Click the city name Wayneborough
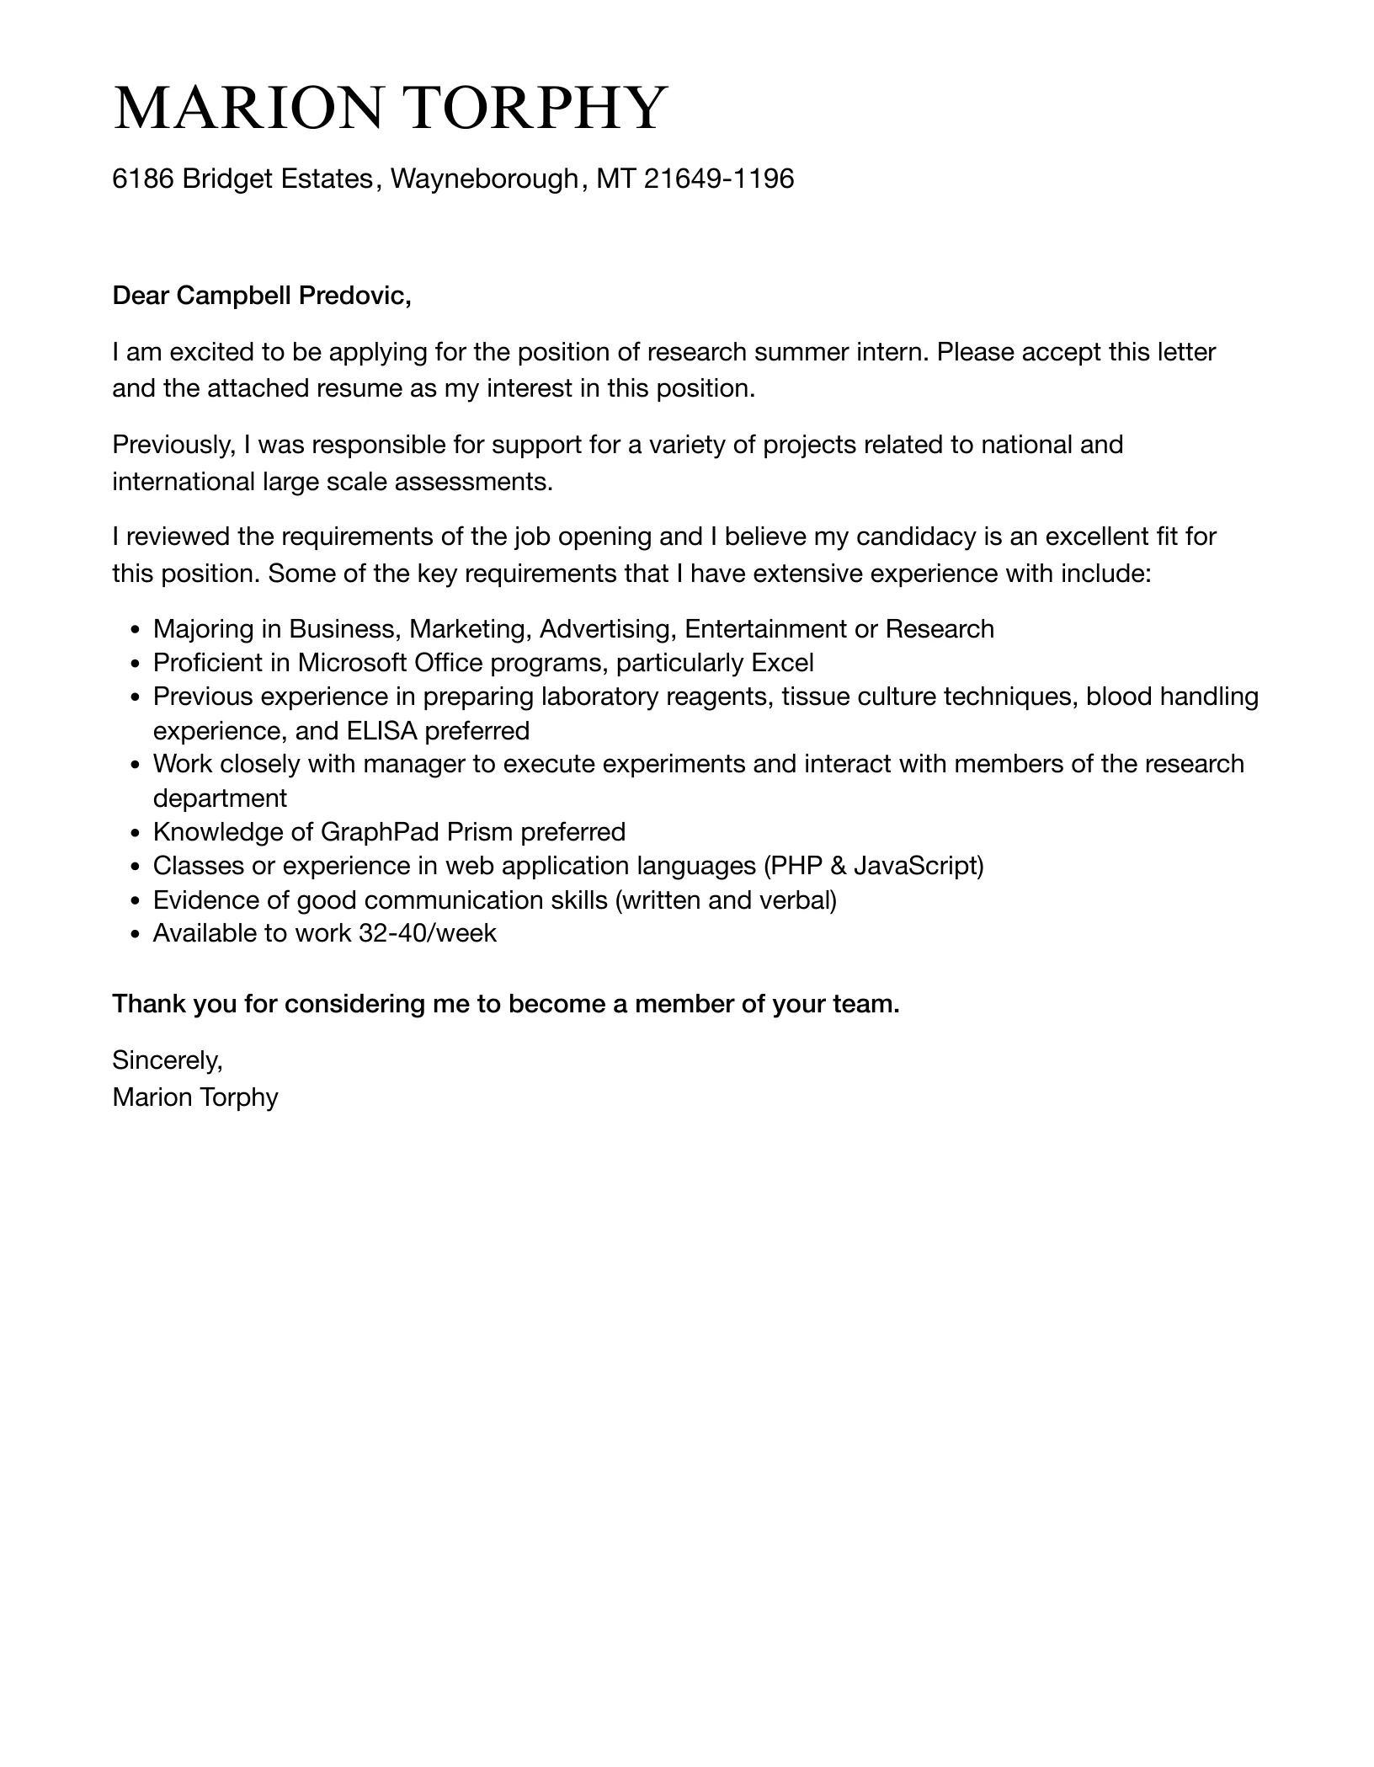click(x=484, y=179)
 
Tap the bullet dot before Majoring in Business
click(x=136, y=631)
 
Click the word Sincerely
click(x=167, y=1060)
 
